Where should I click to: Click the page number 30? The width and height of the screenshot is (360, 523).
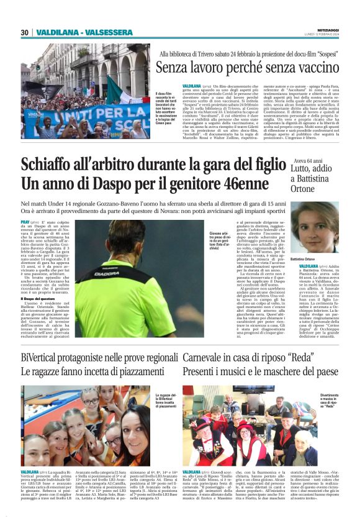click(24, 33)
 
